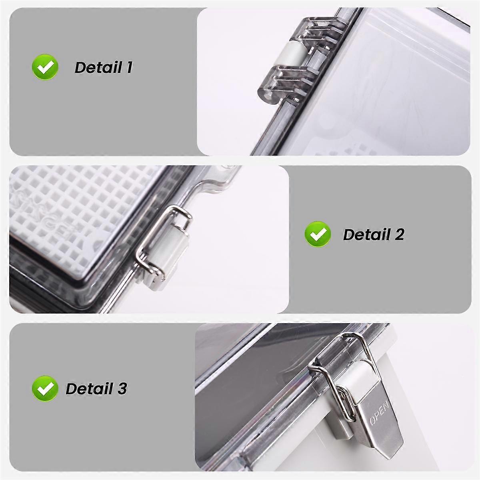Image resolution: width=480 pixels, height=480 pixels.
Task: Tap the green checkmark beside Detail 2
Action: pyautogui.click(x=318, y=234)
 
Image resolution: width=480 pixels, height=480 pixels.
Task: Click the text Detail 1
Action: pyautogui.click(x=103, y=68)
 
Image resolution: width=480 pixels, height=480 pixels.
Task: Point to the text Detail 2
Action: pyautogui.click(x=374, y=234)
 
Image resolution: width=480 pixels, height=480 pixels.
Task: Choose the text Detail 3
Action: pyautogui.click(x=96, y=388)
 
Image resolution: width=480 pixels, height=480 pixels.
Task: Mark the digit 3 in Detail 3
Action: pyautogui.click(x=122, y=388)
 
